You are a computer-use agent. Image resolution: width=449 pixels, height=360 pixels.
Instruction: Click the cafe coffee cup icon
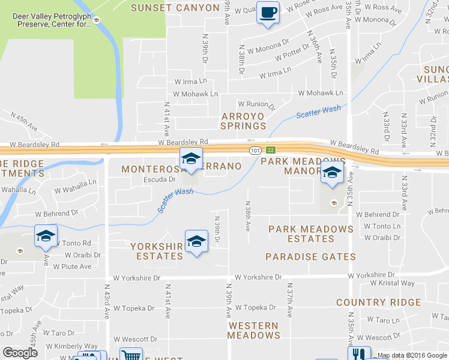coord(268,12)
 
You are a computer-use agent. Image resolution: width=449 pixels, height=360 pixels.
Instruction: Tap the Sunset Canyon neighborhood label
coord(175,8)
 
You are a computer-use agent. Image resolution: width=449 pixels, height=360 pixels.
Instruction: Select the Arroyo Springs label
coord(243,121)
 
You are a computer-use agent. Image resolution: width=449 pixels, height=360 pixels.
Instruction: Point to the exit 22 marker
coord(271,149)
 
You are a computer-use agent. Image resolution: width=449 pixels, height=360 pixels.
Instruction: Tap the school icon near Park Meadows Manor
coord(332,172)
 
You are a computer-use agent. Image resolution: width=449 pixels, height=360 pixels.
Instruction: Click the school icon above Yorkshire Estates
coord(196,242)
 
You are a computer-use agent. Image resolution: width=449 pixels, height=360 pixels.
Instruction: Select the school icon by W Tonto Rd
coord(46,236)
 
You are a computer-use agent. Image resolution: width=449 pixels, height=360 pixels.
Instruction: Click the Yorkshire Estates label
coord(157,251)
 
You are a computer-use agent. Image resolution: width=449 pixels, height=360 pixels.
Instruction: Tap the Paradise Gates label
coord(311,257)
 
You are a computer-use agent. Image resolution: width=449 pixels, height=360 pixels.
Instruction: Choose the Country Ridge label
coord(378,302)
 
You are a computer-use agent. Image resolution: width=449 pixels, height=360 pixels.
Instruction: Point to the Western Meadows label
coord(253,330)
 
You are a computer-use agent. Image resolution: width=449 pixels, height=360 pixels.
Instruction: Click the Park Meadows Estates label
coord(311,233)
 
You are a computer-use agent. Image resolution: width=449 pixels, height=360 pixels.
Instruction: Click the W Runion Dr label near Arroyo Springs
coord(256,105)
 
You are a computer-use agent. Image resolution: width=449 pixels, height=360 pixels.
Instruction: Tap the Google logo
coord(20,353)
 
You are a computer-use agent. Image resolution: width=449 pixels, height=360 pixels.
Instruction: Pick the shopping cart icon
coord(130,355)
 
